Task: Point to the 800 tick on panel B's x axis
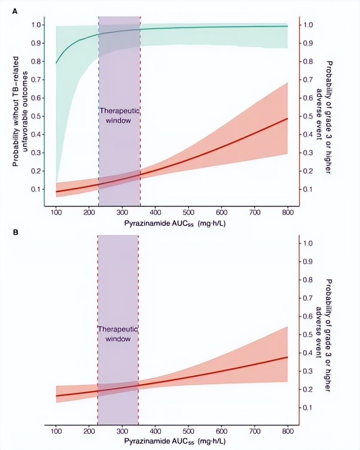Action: pos(287,433)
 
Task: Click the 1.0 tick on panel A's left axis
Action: pos(37,25)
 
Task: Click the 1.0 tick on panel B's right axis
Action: pos(308,243)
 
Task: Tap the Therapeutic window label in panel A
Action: pos(120,116)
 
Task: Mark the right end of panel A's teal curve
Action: pos(287,26)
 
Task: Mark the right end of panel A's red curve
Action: pos(287,118)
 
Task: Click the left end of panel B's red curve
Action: pos(56,396)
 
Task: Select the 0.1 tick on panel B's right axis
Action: pos(308,407)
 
